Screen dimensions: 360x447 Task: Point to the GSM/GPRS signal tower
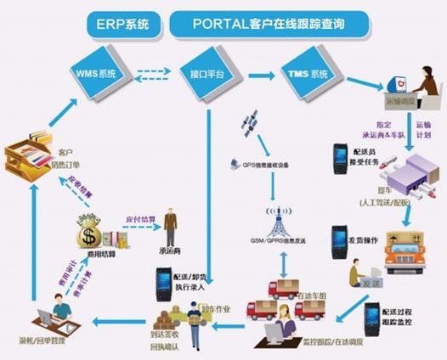pyautogui.click(x=274, y=217)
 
